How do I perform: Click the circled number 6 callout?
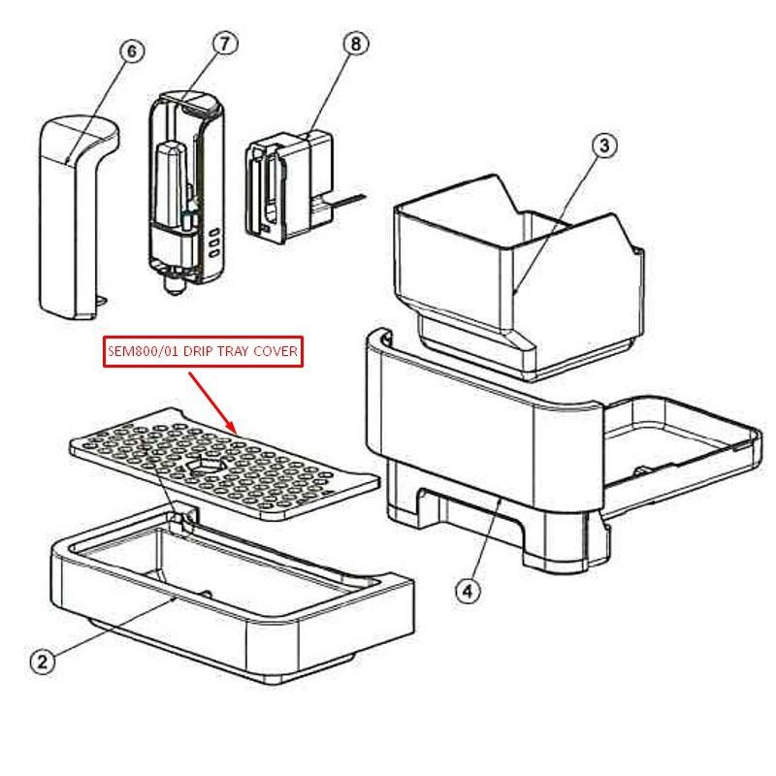pyautogui.click(x=132, y=51)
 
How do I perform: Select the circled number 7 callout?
pyautogui.click(x=225, y=44)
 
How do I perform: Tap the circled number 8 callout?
pyautogui.click(x=356, y=44)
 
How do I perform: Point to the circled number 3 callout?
pyautogui.click(x=604, y=146)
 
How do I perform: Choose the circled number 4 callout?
pyautogui.click(x=468, y=591)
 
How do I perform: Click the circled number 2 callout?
pyautogui.click(x=43, y=662)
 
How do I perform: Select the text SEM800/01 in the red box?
pyautogui.click(x=144, y=351)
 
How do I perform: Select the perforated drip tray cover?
pyautogui.click(x=224, y=464)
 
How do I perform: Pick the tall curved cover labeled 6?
pyautogui.click(x=80, y=216)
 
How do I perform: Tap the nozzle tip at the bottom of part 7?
pyautogui.click(x=175, y=287)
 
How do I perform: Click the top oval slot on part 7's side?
pyautogui.click(x=214, y=232)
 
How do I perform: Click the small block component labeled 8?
pyautogui.click(x=289, y=186)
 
